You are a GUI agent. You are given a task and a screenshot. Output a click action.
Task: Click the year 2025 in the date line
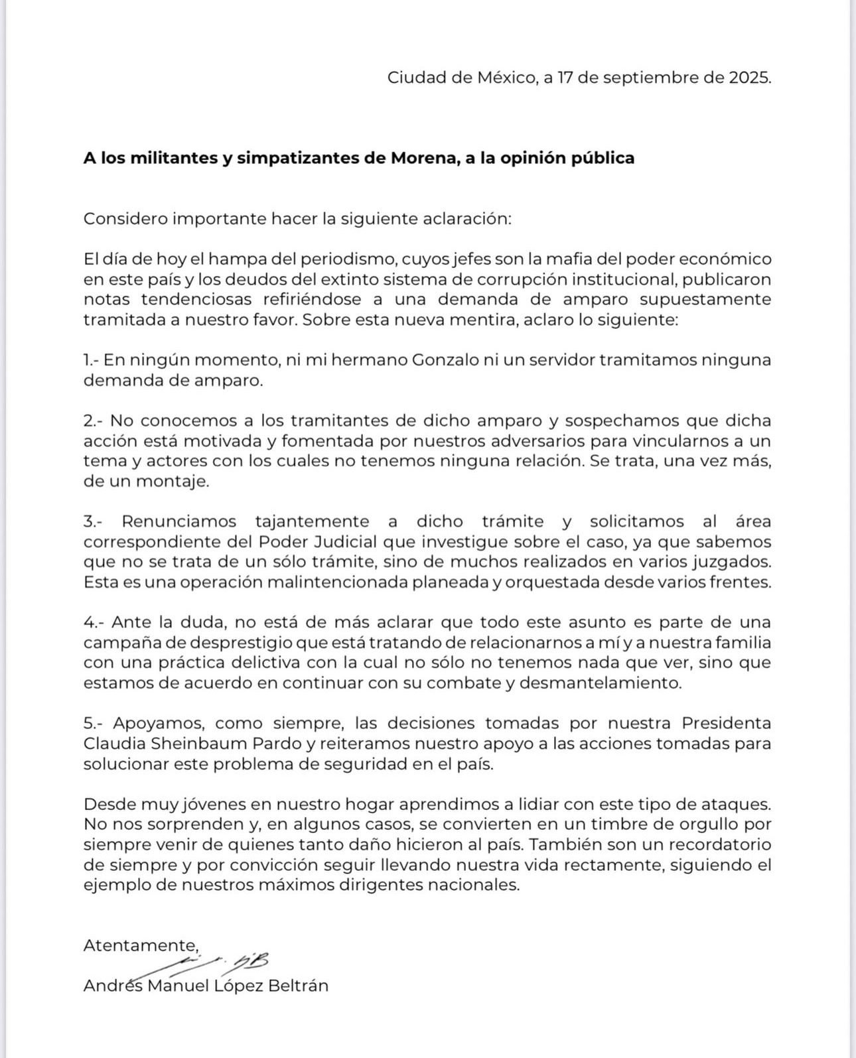pos(749,78)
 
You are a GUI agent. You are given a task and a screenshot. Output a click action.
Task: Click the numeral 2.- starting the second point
pos(94,421)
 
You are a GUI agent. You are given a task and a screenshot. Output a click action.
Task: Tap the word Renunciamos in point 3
pos(178,522)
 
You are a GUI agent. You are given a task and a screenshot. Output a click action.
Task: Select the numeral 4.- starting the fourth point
pos(94,622)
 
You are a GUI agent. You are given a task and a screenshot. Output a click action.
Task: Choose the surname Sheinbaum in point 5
pos(193,744)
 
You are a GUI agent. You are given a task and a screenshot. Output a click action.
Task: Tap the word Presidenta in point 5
pos(727,723)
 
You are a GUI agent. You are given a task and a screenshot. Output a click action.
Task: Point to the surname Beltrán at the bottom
pos(298,986)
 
